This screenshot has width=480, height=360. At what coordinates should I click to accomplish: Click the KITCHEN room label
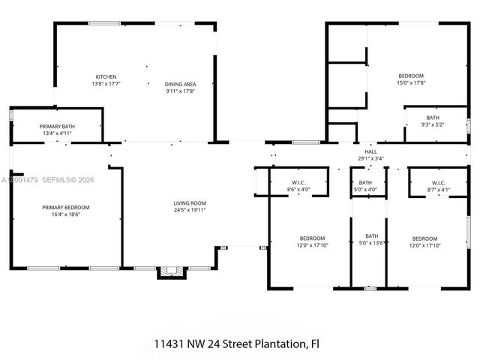[106, 76]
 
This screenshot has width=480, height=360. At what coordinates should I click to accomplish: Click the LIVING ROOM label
[190, 202]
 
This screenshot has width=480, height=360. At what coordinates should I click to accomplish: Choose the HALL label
[370, 151]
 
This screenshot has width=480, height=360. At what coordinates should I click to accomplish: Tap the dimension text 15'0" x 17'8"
[411, 84]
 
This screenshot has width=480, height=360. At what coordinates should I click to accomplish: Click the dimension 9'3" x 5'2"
[433, 124]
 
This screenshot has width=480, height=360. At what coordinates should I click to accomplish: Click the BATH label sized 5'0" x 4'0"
[365, 183]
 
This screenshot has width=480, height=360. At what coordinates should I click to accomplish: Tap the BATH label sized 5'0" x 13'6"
[371, 236]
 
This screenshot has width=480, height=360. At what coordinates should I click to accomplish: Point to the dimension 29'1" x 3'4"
[370, 158]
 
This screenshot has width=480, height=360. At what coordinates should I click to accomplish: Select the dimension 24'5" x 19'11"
[190, 210]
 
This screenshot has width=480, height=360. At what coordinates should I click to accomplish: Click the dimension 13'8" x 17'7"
[106, 84]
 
